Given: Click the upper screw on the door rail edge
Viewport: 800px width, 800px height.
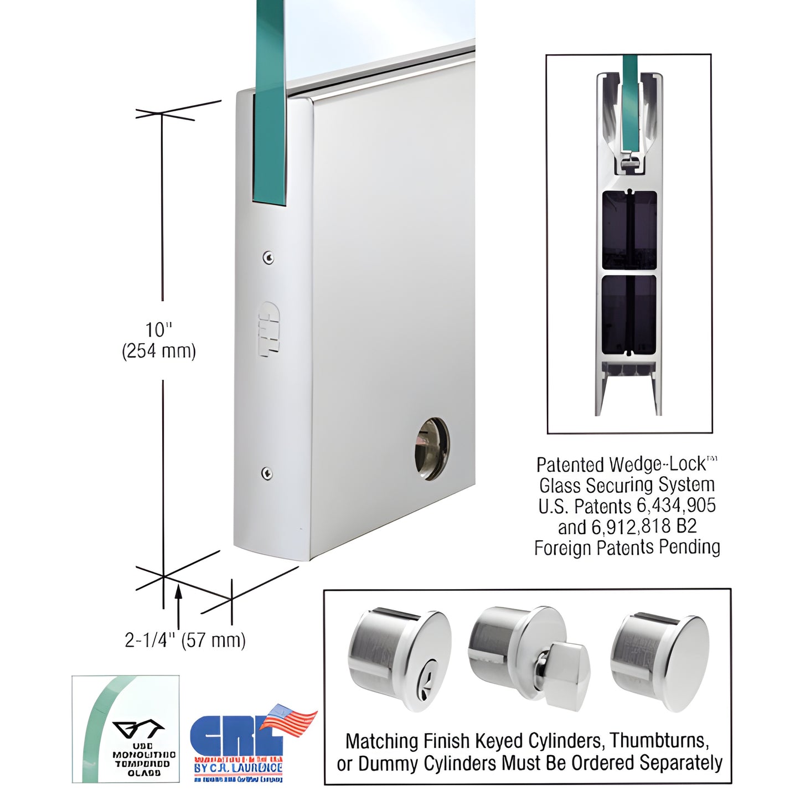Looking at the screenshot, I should coord(268,257).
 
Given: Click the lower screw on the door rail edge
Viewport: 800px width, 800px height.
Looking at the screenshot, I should coord(267,473).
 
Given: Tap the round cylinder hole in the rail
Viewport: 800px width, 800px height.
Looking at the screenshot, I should coord(432,449).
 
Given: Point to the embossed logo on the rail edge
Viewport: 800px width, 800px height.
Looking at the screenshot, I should coord(269,329).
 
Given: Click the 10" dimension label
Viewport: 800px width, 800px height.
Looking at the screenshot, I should coord(158,330).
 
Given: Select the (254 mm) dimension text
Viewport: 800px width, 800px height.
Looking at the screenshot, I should coord(159,351).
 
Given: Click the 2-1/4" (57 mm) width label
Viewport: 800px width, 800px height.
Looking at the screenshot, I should coord(185,640).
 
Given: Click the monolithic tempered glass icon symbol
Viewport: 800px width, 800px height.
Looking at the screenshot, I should coord(138,729).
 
